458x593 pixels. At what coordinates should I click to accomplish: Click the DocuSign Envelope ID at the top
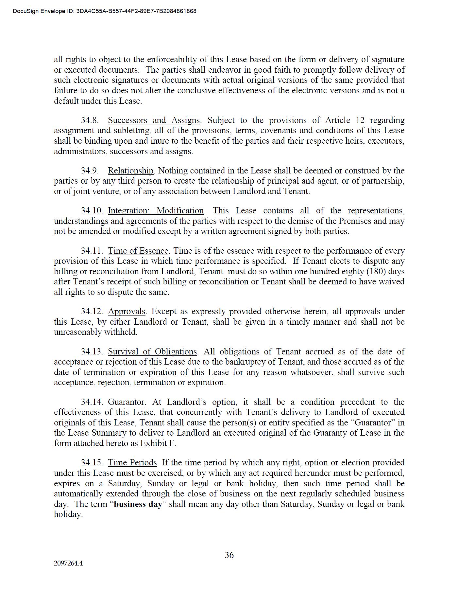click(105, 11)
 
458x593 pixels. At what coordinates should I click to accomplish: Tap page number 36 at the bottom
click(229, 555)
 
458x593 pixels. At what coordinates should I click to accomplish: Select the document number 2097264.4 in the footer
click(68, 564)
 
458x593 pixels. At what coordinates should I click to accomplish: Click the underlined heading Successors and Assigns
click(154, 120)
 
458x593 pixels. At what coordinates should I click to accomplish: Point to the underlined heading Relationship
click(130, 171)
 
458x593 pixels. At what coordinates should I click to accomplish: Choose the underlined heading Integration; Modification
click(156, 211)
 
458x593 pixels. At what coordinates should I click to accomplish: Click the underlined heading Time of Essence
click(138, 251)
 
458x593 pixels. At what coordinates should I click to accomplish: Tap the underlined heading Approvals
click(127, 312)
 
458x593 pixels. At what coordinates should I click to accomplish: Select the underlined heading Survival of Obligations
click(152, 352)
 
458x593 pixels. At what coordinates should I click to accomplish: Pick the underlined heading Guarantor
click(126, 402)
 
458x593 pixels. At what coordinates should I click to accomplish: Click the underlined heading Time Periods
click(132, 463)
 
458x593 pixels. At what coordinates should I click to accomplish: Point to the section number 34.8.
click(90, 120)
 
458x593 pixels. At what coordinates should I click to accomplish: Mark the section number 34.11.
click(92, 251)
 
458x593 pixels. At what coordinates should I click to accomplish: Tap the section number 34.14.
click(92, 402)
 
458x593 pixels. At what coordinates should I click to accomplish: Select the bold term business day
click(138, 504)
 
